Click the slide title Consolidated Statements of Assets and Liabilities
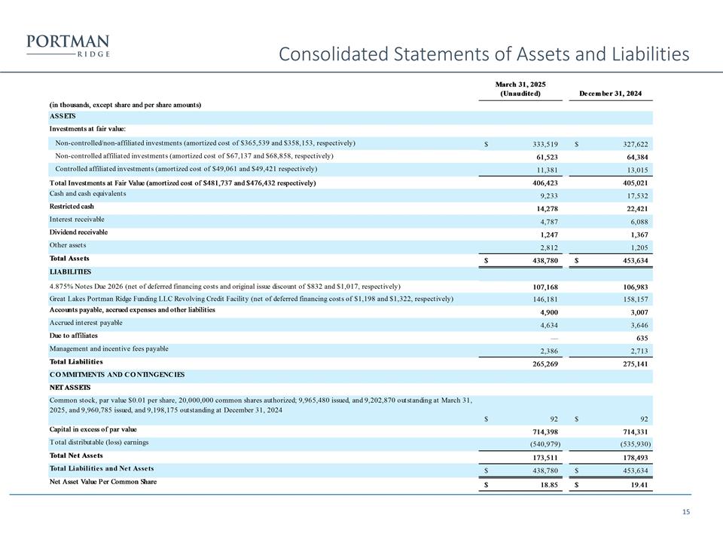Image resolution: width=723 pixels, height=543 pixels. pyautogui.click(x=484, y=54)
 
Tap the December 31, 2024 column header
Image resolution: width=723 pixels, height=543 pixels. pyautogui.click(x=611, y=94)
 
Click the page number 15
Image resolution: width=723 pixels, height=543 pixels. pyautogui.click(x=685, y=513)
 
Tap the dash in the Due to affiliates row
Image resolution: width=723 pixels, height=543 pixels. pyautogui.click(x=554, y=336)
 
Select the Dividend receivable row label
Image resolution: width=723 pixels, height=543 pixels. pyautogui.click(x=78, y=232)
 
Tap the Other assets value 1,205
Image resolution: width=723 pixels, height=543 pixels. pyautogui.click(x=636, y=247)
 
